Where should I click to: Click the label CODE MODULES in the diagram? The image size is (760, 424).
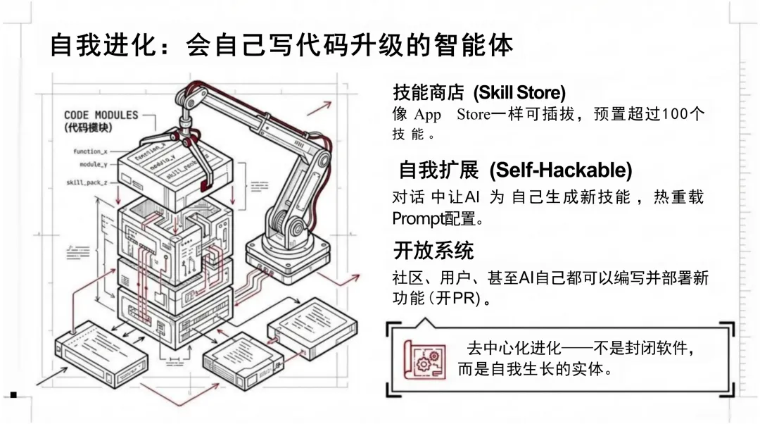click(x=101, y=115)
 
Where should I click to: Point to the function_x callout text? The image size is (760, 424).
click(x=90, y=151)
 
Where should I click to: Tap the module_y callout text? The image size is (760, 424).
click(x=94, y=164)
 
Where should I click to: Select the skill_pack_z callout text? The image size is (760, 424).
click(x=87, y=182)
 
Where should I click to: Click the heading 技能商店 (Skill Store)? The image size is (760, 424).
click(x=479, y=92)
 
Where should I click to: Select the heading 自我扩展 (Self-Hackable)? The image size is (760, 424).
click(x=515, y=170)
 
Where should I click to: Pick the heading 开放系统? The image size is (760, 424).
click(x=433, y=250)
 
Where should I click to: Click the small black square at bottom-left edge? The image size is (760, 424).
click(x=13, y=395)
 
